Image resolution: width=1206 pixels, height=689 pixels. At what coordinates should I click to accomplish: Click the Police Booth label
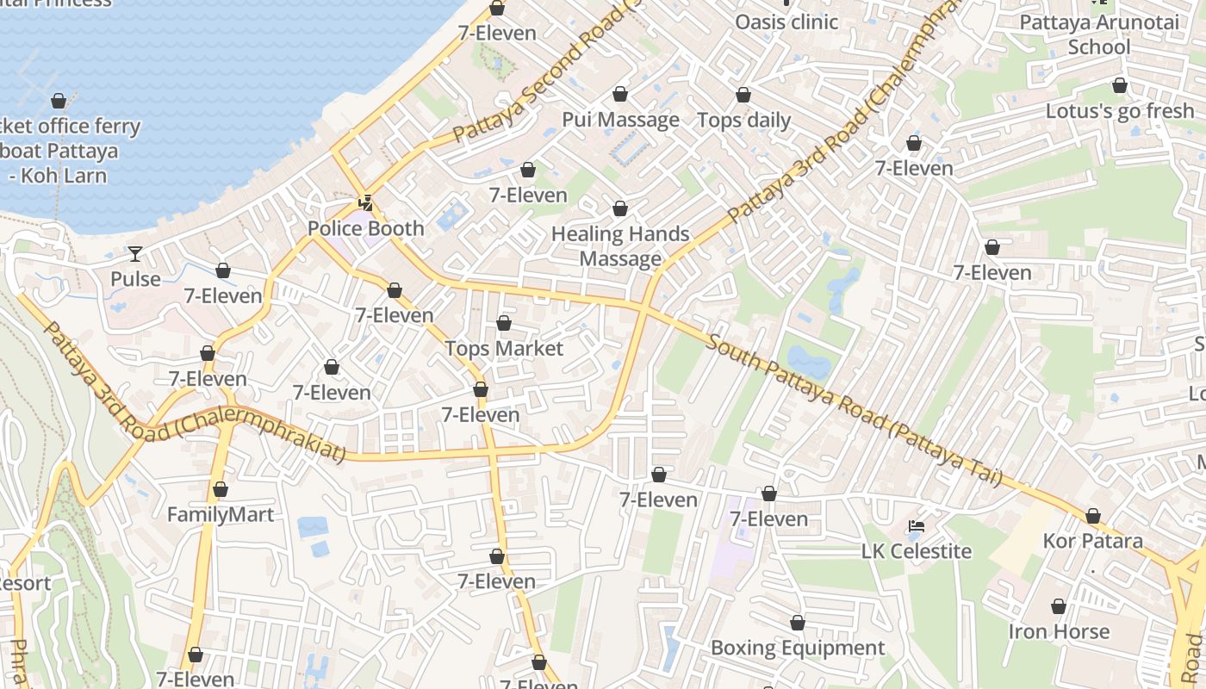pyautogui.click(x=366, y=229)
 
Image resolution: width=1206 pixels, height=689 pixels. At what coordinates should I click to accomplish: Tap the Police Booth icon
pyautogui.click(x=366, y=204)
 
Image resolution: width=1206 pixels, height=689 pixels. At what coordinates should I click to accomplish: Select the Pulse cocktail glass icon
pyautogui.click(x=135, y=253)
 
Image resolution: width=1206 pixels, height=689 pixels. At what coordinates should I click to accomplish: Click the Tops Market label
pyautogui.click(x=504, y=349)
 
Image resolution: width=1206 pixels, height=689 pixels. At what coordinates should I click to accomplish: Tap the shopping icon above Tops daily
pyautogui.click(x=743, y=95)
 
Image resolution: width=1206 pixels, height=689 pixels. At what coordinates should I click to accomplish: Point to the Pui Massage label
pyautogui.click(x=620, y=120)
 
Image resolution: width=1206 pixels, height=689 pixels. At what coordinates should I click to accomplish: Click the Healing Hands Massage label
pyautogui.click(x=620, y=246)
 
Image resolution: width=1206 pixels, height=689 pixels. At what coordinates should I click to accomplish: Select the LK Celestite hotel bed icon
pyautogui.click(x=917, y=525)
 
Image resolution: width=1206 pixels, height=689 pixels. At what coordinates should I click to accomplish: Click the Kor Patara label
pyautogui.click(x=1092, y=542)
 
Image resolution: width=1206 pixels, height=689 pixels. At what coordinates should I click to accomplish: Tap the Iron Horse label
pyautogui.click(x=1059, y=632)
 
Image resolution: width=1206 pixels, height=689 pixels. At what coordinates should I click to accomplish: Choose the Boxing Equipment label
pyautogui.click(x=798, y=649)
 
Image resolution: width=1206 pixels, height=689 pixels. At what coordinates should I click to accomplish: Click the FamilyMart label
pyautogui.click(x=221, y=515)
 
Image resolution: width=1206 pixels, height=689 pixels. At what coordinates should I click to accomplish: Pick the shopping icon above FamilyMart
pyautogui.click(x=221, y=489)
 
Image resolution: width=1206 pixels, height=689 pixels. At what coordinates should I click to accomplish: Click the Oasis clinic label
pyautogui.click(x=786, y=22)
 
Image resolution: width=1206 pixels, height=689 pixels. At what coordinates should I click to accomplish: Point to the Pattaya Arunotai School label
pyautogui.click(x=1098, y=34)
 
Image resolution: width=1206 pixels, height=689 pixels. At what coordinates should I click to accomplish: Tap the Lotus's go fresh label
pyautogui.click(x=1119, y=111)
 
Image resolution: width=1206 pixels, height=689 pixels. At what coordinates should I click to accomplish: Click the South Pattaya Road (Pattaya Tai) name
pyautogui.click(x=853, y=408)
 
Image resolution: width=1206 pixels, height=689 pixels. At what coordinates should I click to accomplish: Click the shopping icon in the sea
pyautogui.click(x=59, y=101)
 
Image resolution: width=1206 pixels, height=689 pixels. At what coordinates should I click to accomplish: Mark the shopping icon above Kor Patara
pyautogui.click(x=1092, y=516)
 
